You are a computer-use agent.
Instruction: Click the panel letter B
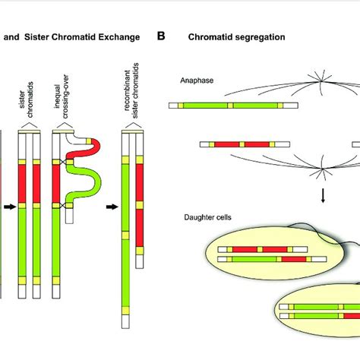pos(161,36)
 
